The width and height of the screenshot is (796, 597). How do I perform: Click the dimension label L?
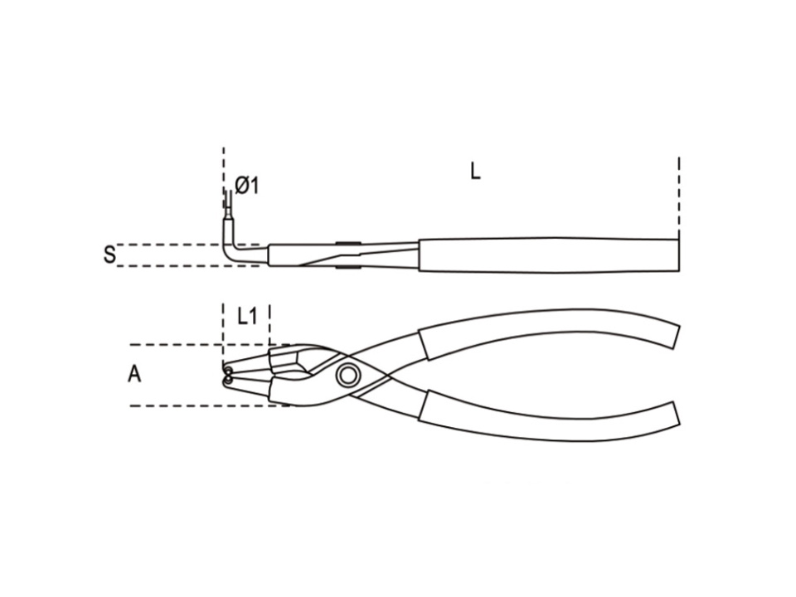coord(474,171)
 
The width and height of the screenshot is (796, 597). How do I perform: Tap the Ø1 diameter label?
coord(247,186)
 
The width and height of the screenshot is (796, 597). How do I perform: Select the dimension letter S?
coord(109,255)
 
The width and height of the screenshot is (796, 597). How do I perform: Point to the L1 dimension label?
coord(246,318)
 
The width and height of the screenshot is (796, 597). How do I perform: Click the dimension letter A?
coord(134,375)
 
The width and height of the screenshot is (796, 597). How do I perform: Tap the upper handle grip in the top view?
coord(549,330)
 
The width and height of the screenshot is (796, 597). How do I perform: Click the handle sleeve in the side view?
coord(548,255)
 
